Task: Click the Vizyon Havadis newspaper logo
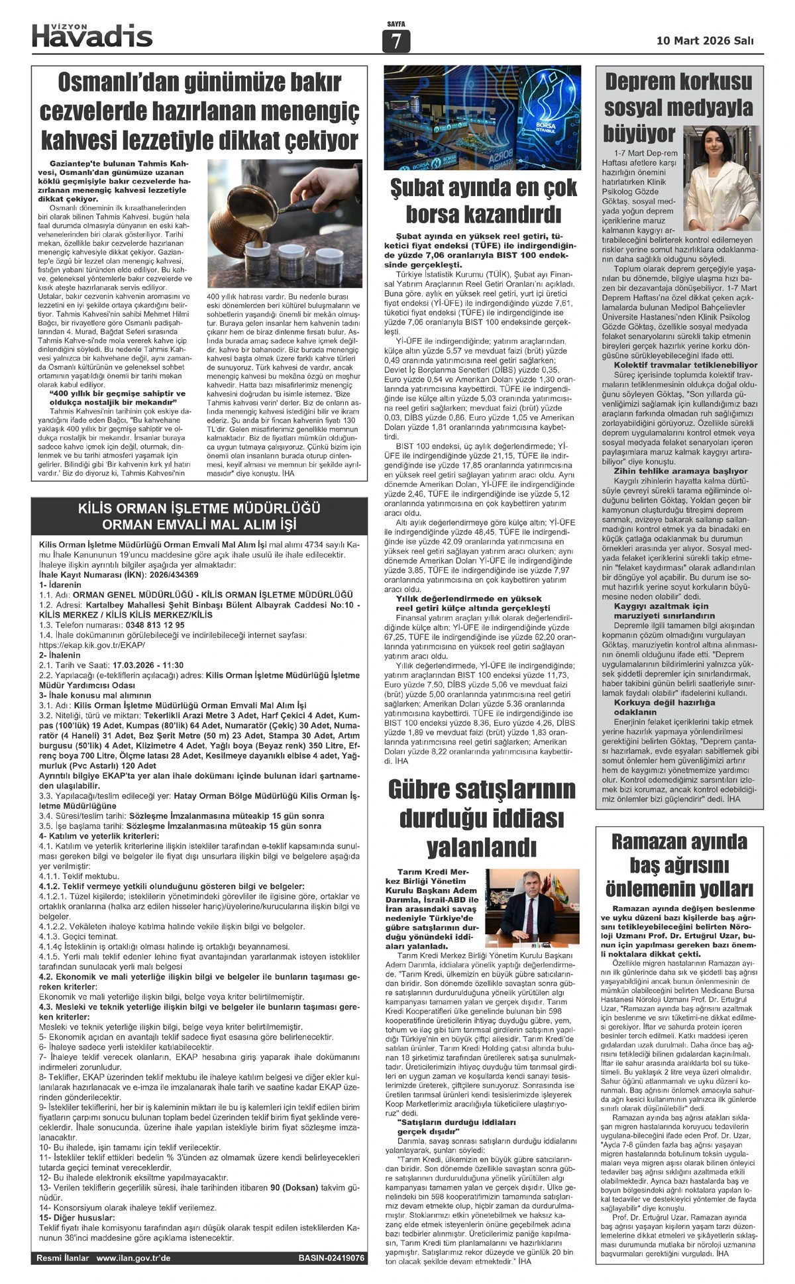[92, 35]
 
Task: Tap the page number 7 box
[396, 41]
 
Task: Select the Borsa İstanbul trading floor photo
[482, 118]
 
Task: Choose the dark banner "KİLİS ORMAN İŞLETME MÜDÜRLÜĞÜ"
[199, 517]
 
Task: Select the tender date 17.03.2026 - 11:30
[148, 665]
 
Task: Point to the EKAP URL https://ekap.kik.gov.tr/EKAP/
[92, 645]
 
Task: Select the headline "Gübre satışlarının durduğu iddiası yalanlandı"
[482, 818]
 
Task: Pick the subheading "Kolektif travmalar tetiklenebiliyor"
[685, 365]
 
